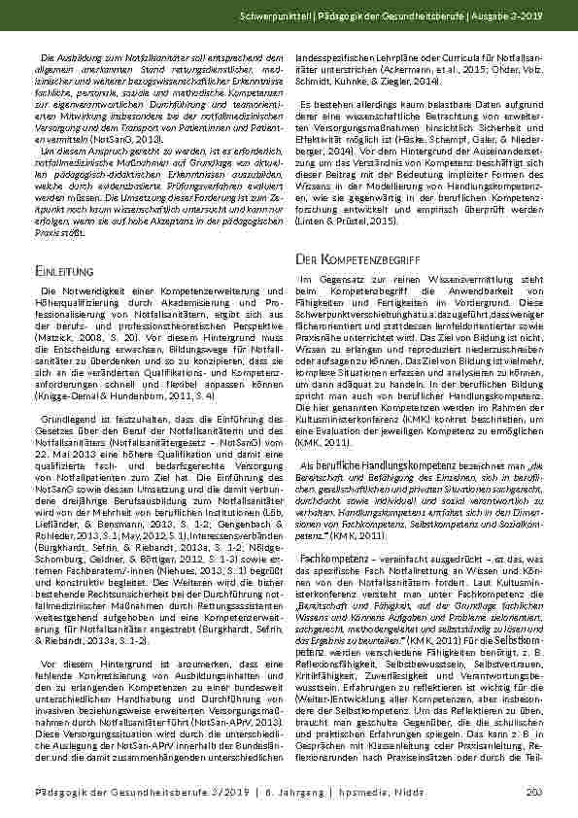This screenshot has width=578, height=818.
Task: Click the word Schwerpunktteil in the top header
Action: pyautogui.click(x=366, y=18)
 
